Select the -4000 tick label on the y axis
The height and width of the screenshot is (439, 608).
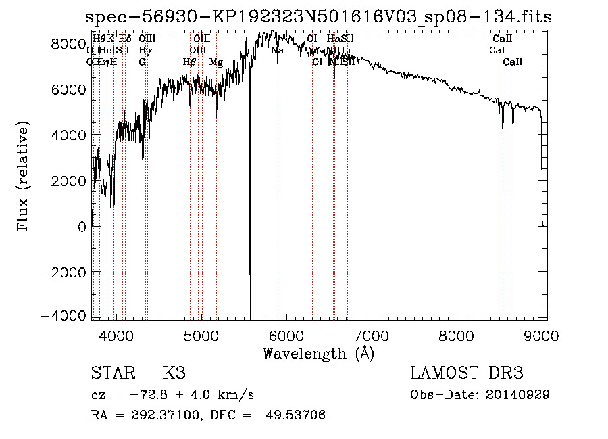(65, 317)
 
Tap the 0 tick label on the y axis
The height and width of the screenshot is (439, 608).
(81, 227)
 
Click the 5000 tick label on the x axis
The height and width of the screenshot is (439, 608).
(201, 334)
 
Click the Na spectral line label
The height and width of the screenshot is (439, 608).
(277, 51)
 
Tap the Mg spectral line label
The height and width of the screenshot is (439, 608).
(216, 62)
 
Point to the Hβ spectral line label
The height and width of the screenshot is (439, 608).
(190, 62)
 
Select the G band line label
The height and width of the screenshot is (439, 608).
(142, 62)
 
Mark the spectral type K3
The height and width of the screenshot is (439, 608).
(174, 373)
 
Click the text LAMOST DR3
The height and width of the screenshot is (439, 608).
(467, 373)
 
